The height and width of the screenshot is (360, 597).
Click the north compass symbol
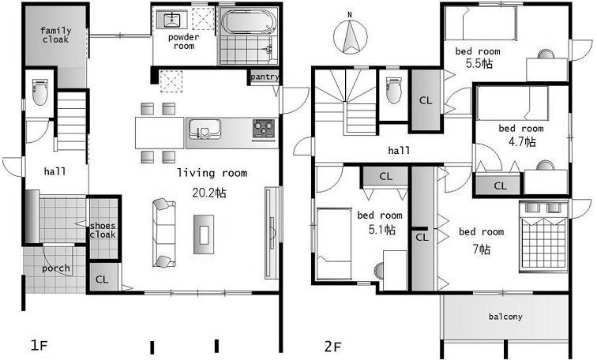351,36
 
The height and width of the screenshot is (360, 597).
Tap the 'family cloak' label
56,35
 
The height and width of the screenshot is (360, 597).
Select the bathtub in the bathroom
249,22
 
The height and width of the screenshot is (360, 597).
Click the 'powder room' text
184,42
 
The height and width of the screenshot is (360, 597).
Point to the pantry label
265,77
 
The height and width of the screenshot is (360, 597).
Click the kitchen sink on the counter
205,129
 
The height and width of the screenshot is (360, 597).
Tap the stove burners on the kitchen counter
264,128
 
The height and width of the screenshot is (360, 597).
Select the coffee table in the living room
204,234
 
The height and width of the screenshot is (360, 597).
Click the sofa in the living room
164,233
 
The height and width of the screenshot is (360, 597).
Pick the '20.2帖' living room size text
209,193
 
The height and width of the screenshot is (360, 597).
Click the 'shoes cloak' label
103,231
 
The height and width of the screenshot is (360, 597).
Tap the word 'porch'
56,268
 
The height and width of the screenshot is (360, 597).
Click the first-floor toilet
40,92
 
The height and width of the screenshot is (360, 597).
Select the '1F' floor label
39,346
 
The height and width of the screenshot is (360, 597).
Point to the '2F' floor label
333,347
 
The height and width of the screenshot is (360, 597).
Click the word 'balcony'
505,317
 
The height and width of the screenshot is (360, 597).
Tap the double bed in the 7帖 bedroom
543,237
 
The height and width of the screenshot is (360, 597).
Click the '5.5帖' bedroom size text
479,63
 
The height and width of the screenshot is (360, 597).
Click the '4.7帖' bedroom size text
522,142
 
